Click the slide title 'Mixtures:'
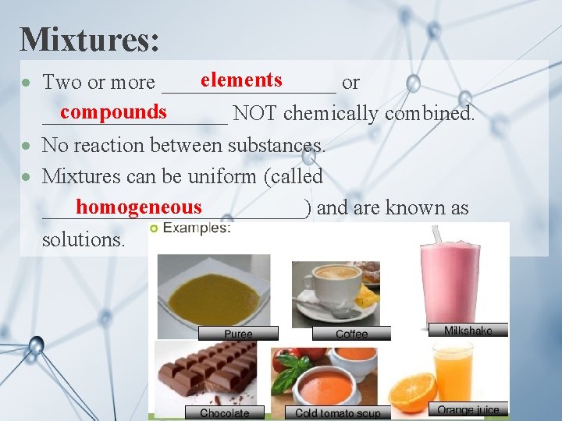pos(90,39)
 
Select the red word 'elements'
pos(241,80)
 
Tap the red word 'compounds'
pos(113,111)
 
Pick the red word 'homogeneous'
pos(139,207)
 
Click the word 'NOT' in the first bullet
pos(255,113)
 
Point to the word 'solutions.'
pos(83,239)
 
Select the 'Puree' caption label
pos(238,334)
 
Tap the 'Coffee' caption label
pos(351,334)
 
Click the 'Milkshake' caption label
pos(468,331)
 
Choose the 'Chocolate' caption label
pos(225,413)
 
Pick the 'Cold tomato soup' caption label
pos(337,413)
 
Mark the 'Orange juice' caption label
pos(468,410)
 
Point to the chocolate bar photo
pos(207,370)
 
